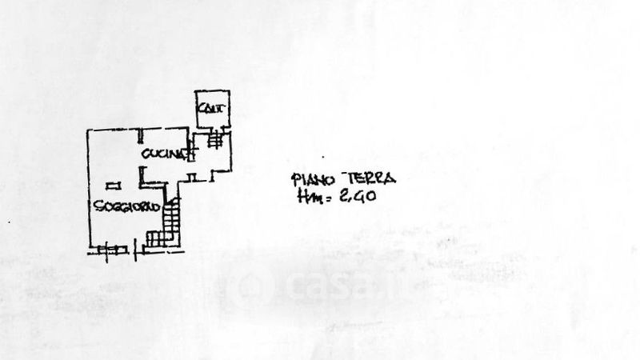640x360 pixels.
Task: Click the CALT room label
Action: (x=213, y=109)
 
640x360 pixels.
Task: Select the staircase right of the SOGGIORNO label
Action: (x=170, y=222)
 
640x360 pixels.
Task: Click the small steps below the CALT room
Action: (x=215, y=140)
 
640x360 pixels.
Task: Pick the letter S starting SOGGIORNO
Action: (x=96, y=206)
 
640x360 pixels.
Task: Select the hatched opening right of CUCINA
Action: (x=193, y=154)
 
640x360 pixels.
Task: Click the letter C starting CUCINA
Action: (x=147, y=153)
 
